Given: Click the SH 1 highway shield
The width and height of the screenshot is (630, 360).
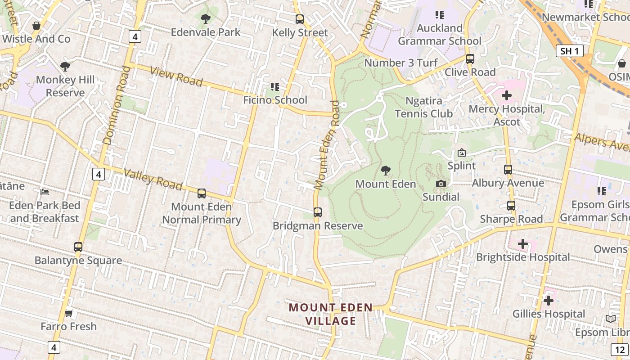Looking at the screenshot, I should pyautogui.click(x=569, y=51).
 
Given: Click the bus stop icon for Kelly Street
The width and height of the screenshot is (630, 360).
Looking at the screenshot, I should pyautogui.click(x=299, y=19).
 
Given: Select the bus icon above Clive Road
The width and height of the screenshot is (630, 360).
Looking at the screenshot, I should pyautogui.click(x=470, y=59).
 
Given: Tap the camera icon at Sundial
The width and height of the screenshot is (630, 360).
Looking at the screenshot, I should pyautogui.click(x=441, y=184).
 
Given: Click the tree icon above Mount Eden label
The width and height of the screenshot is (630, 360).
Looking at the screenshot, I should pyautogui.click(x=385, y=171).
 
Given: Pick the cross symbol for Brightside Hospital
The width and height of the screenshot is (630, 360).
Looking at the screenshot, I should pyautogui.click(x=522, y=244).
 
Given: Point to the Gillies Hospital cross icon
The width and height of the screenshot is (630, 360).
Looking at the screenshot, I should pyautogui.click(x=548, y=301).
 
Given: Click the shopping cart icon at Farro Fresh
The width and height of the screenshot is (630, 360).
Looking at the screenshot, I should pyautogui.click(x=68, y=313).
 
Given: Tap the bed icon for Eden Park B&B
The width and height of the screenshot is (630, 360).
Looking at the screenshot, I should pyautogui.click(x=45, y=192).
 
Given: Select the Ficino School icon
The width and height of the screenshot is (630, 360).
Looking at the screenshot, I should pyautogui.click(x=274, y=86).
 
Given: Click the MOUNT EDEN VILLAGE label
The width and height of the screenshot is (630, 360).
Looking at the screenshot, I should pyautogui.click(x=331, y=314).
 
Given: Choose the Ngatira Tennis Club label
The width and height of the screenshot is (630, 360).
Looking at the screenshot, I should pyautogui.click(x=423, y=107).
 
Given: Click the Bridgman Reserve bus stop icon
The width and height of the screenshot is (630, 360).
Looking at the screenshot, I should pyautogui.click(x=318, y=212).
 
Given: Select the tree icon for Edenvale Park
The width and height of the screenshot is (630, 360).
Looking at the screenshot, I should pyautogui.click(x=206, y=19).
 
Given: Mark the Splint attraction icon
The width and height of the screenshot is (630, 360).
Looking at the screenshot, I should pyautogui.click(x=461, y=153).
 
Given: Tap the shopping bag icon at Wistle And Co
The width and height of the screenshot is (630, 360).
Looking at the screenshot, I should pyautogui.click(x=36, y=26).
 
